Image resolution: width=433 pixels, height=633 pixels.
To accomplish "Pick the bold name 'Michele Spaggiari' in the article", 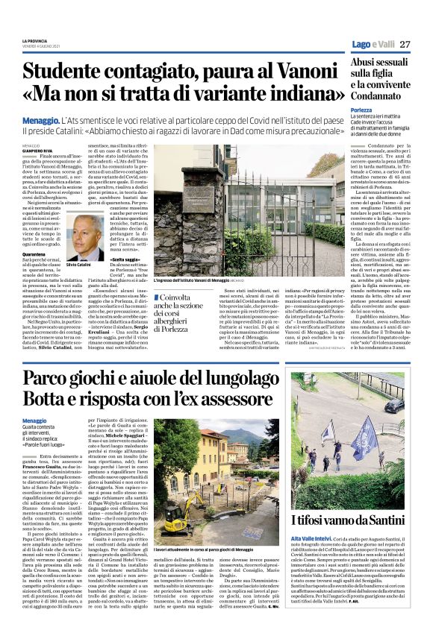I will pos(130,454).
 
